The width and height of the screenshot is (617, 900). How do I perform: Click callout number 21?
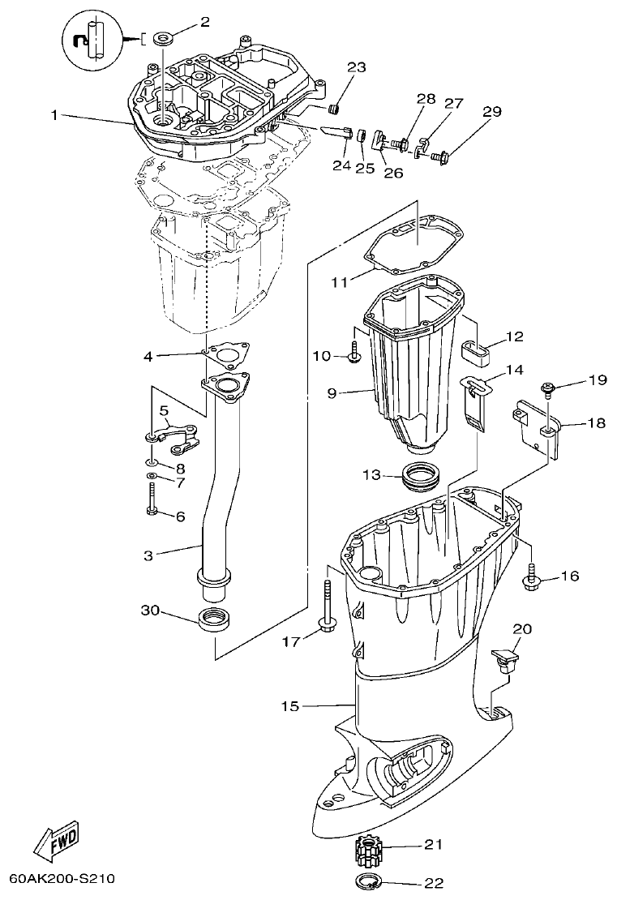[434, 845]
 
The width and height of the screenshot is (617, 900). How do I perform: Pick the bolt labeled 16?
[531, 580]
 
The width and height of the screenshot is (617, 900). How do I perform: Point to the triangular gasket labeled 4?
[225, 354]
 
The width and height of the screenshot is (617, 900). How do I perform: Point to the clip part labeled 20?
[507, 658]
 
